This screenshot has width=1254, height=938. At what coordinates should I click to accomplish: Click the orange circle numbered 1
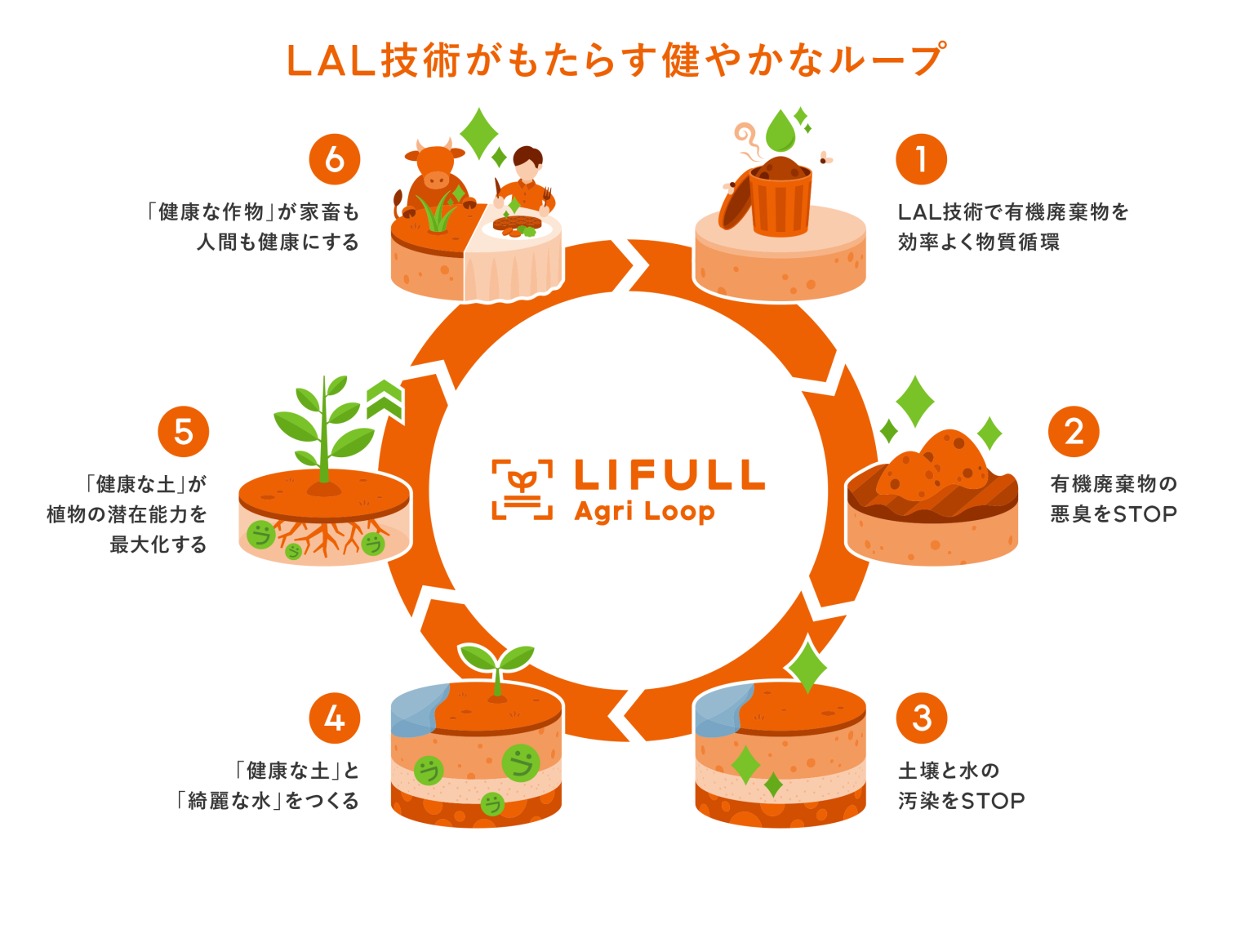click(921, 160)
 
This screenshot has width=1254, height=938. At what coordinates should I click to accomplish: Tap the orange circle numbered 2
click(1074, 432)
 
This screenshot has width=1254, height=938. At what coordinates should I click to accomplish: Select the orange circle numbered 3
click(922, 718)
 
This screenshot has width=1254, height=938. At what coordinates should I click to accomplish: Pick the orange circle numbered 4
click(335, 718)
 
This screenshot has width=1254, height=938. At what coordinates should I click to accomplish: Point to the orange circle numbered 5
click(184, 432)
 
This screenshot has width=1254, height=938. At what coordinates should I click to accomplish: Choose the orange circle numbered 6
click(335, 160)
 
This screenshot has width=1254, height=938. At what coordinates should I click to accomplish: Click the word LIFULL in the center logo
click(669, 475)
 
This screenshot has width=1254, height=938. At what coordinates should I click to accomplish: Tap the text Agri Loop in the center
click(644, 512)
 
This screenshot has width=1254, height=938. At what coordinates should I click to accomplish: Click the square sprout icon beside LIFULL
click(522, 489)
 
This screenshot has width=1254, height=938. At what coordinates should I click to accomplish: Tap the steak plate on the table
click(518, 224)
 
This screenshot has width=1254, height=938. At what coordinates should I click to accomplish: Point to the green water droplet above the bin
click(780, 131)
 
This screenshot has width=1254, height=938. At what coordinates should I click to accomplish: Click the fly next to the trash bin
click(826, 158)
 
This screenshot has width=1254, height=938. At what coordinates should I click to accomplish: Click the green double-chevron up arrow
click(385, 399)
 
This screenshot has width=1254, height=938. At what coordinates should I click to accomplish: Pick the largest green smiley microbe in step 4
click(520, 763)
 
